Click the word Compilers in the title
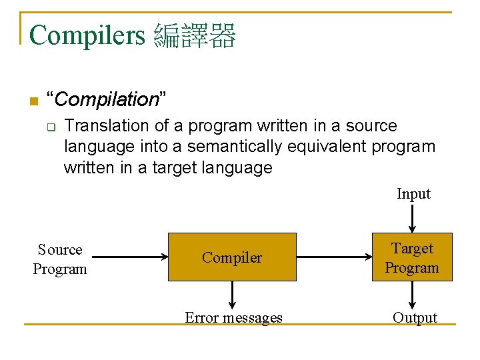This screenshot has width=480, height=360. (x=87, y=35)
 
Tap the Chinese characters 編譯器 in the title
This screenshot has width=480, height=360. (x=195, y=35)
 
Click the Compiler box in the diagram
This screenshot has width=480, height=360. (x=232, y=257)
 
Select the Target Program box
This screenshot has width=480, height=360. (x=412, y=257)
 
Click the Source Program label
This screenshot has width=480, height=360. (x=60, y=259)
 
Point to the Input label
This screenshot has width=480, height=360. (x=413, y=194)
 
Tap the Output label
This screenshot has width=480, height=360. (x=415, y=318)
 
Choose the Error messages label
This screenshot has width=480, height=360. (x=233, y=318)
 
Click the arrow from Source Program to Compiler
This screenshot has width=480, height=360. (x=127, y=257)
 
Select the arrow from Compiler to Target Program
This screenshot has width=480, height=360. (x=333, y=257)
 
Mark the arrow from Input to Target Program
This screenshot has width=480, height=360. (x=413, y=217)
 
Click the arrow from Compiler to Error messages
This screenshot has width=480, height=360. (x=233, y=294)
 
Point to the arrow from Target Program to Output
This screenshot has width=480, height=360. (x=413, y=294)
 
